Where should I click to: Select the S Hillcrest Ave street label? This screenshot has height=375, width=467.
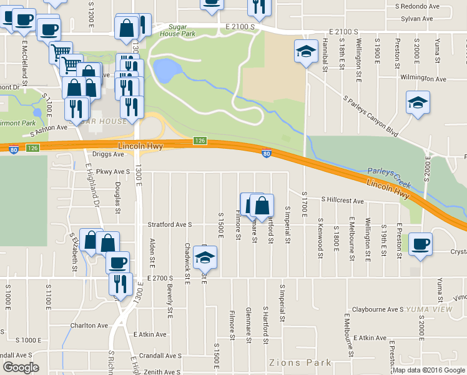(x=342, y=201)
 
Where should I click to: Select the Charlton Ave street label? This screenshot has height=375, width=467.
(x=89, y=326)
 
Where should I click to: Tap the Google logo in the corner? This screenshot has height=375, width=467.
(x=21, y=367)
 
